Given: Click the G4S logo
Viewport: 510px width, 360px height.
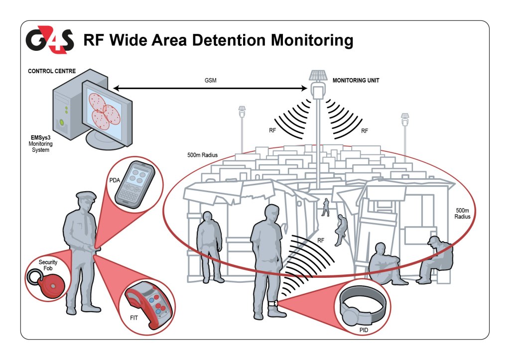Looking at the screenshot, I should (x=50, y=40).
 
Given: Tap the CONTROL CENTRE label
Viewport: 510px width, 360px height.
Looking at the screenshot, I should (x=52, y=71).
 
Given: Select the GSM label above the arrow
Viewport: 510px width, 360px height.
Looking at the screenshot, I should (x=211, y=80).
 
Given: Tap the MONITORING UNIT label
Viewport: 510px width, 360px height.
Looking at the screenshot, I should (x=355, y=80).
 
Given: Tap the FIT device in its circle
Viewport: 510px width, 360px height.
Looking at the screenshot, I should (x=152, y=305).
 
